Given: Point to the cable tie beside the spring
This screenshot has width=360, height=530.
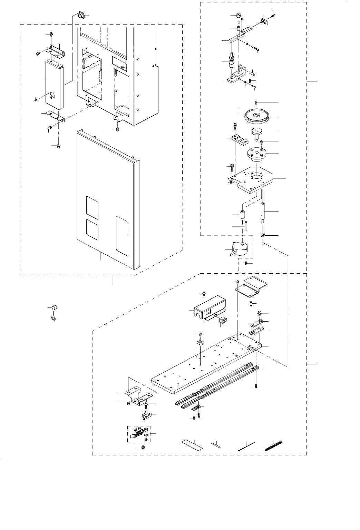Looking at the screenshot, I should pyautogui.click(x=246, y=446).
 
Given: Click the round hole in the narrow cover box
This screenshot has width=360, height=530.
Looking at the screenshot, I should pyautogui.click(x=52, y=95).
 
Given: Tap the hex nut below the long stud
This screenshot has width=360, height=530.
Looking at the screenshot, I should pyautogui.click(x=262, y=235).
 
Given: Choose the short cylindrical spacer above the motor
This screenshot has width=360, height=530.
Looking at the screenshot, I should pyautogui.click(x=241, y=217).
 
